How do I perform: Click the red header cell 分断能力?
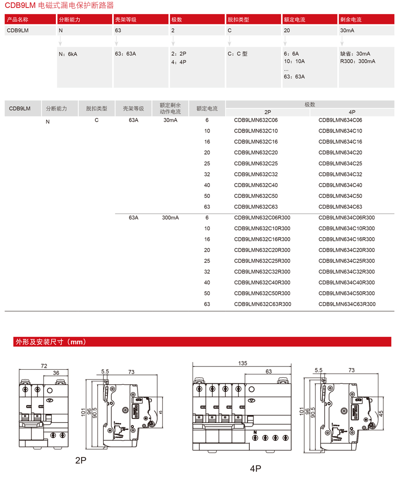click(x=69, y=20)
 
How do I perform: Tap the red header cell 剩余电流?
click(x=351, y=20)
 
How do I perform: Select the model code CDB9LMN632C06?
click(x=256, y=120)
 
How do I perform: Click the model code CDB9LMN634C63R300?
click(x=347, y=304)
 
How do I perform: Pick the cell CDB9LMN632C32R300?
click(x=262, y=272)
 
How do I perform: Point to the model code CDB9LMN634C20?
click(x=340, y=153)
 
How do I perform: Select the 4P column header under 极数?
click(x=352, y=113)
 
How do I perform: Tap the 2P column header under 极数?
click(x=268, y=113)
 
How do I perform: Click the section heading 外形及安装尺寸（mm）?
click(x=51, y=342)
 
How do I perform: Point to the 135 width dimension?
click(x=243, y=363)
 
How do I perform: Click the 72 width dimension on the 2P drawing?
click(x=44, y=365)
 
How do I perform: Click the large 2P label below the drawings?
click(x=81, y=460)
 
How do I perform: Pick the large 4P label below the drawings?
click(x=255, y=468)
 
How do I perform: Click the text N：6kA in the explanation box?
click(x=68, y=54)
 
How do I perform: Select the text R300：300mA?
click(x=358, y=62)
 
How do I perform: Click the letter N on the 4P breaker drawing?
click(x=255, y=432)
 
